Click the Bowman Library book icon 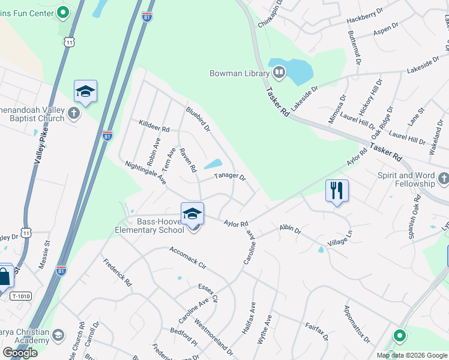coord(279,73)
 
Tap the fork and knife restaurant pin coord(337,191)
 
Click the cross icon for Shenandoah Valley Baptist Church coord(74,113)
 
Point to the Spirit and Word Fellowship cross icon coord(443,178)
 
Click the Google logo coord(20,353)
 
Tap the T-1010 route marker coord(20,296)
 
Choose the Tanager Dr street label coord(231,177)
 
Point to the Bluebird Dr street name coord(198,119)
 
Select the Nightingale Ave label coord(145,172)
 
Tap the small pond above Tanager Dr coord(213,164)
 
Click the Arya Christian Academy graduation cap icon coord(58,334)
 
